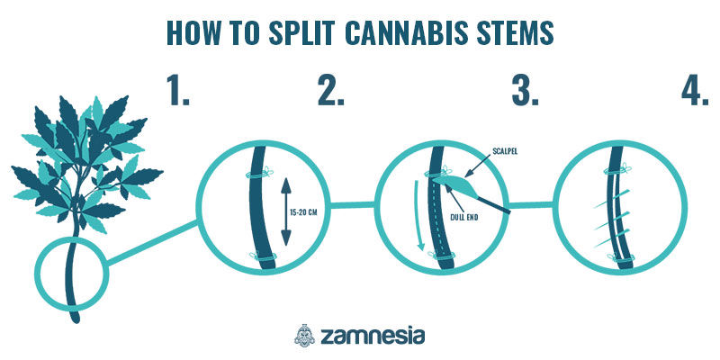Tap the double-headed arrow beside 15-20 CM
285,211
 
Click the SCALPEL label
504,151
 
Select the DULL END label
463,217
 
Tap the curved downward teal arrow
418,216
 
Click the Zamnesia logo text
373,336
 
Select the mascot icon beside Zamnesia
305,336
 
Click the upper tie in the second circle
259,174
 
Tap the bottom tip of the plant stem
76,320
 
